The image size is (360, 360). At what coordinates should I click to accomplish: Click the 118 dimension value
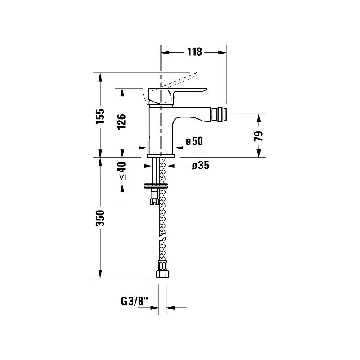tap(194, 52)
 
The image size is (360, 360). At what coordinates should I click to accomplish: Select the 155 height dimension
tap(100, 116)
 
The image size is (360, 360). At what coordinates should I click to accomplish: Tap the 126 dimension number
tap(121, 121)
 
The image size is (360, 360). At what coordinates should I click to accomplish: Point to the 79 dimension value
tap(259, 136)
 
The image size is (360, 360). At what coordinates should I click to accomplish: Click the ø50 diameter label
tap(194, 141)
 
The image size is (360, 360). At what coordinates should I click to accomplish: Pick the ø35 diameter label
tap(201, 166)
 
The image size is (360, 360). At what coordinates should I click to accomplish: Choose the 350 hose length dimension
tap(100, 218)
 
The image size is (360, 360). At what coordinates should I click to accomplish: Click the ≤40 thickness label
tap(122, 171)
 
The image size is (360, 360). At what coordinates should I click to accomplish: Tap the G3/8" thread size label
tap(135, 301)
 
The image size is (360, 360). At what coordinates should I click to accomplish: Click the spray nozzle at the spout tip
tap(219, 114)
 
